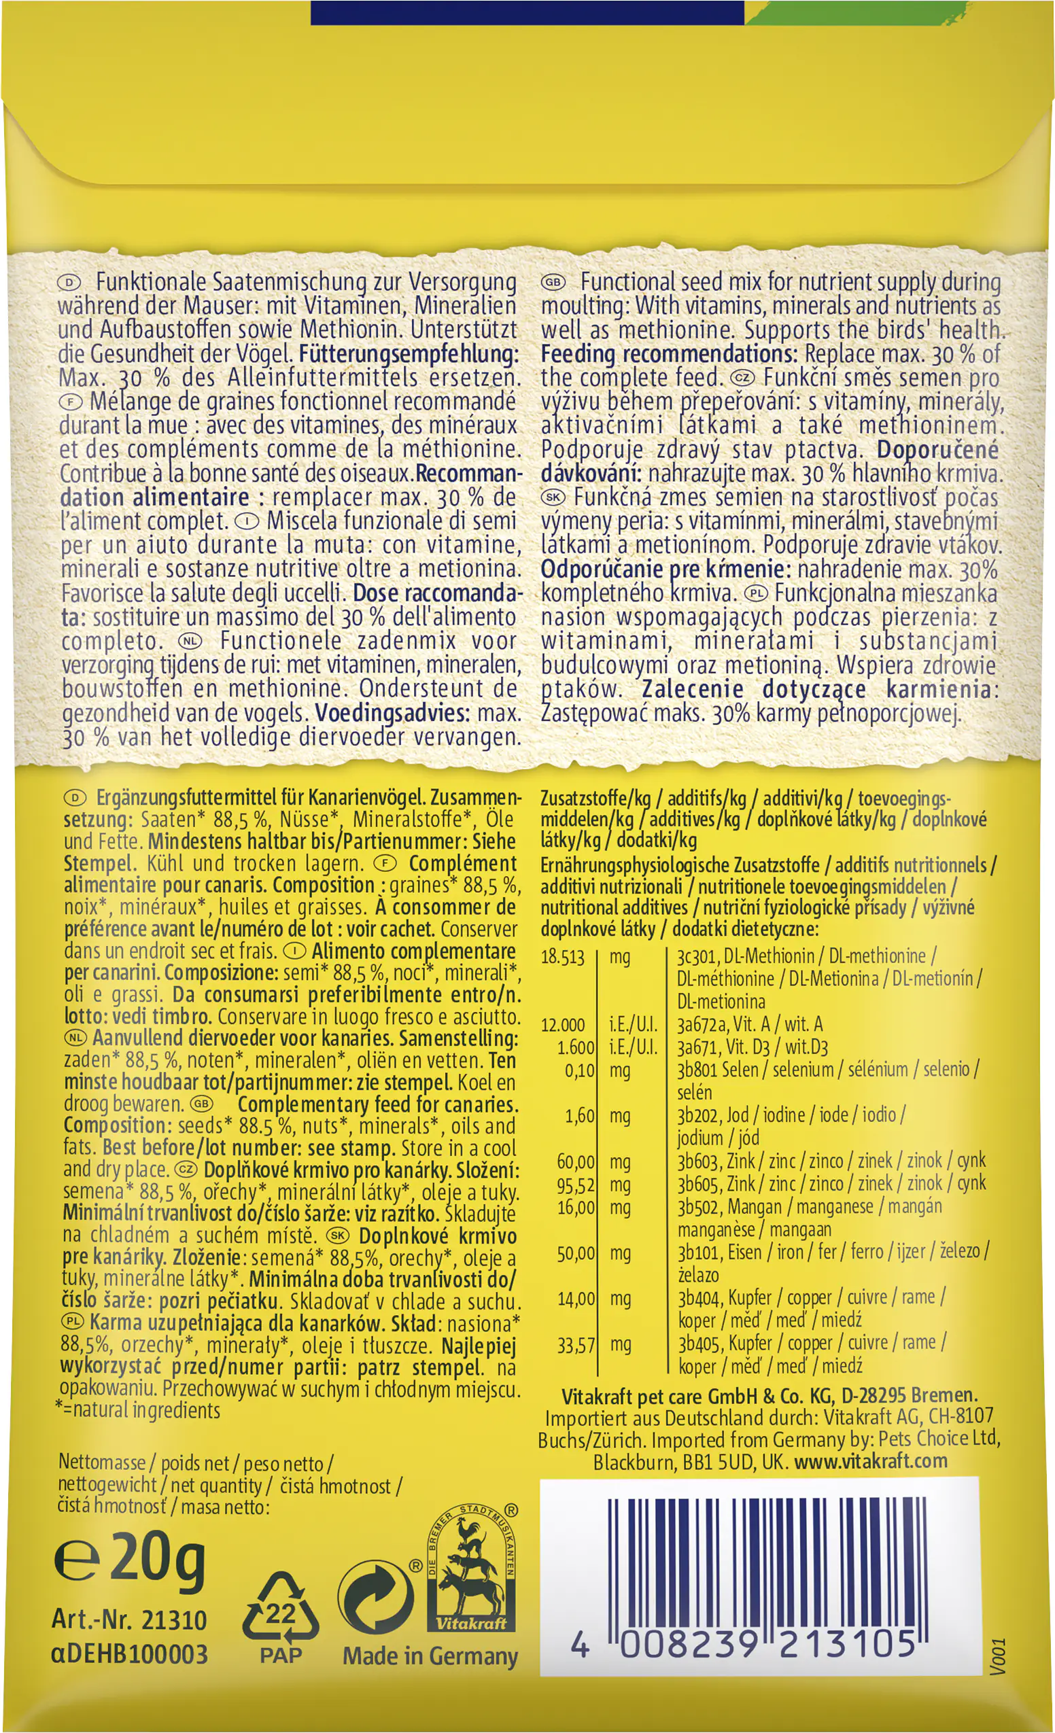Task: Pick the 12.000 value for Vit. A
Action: tap(563, 1025)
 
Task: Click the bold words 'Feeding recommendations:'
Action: tap(669, 353)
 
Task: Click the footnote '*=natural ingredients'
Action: tap(139, 1410)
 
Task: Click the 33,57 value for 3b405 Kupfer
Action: tap(575, 1346)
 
